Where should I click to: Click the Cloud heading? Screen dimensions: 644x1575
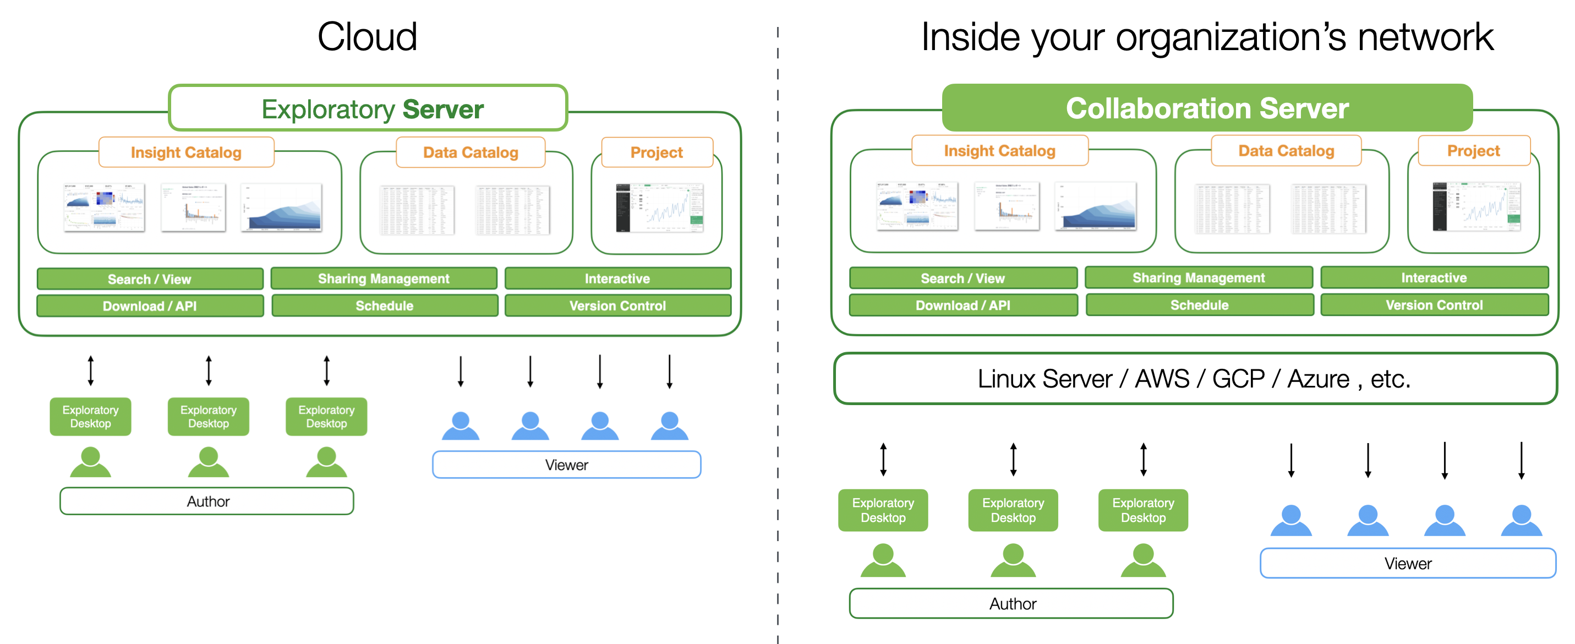point(367,37)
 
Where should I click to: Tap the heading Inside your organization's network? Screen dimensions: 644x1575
point(1207,37)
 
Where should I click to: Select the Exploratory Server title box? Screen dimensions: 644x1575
point(368,109)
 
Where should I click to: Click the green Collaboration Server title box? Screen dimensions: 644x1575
point(1207,108)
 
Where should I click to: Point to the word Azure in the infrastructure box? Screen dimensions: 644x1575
point(1318,379)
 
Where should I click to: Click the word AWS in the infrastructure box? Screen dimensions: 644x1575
point(1162,379)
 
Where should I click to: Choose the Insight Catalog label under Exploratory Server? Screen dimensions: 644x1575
point(186,152)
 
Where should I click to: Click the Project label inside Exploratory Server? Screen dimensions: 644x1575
point(657,152)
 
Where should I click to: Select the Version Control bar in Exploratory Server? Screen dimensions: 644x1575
point(617,306)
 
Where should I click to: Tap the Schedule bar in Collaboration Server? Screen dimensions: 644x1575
point(1199,305)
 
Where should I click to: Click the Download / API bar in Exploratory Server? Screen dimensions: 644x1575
point(150,306)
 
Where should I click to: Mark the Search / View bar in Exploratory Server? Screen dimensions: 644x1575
point(150,279)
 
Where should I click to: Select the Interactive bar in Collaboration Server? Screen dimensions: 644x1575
point(1434,277)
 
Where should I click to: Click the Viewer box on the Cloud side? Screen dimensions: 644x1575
point(566,465)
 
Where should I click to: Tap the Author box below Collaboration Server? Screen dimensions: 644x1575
point(1012,604)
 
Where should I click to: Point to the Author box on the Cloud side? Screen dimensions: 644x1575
point(207,501)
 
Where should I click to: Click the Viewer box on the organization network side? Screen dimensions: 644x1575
point(1408,563)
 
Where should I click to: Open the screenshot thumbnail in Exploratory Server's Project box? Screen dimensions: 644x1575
point(659,208)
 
